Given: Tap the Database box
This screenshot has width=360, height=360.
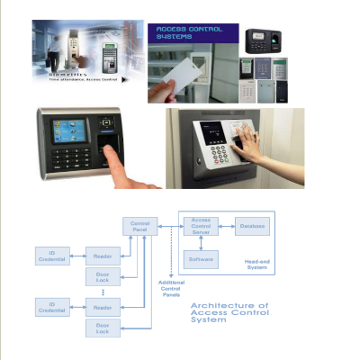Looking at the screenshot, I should [253, 229].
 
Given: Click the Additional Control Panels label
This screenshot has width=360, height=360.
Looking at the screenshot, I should [172, 288].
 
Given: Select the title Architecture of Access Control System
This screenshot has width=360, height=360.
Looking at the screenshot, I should [229, 311].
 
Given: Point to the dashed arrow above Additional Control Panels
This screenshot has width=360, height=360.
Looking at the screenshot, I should [172, 256].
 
